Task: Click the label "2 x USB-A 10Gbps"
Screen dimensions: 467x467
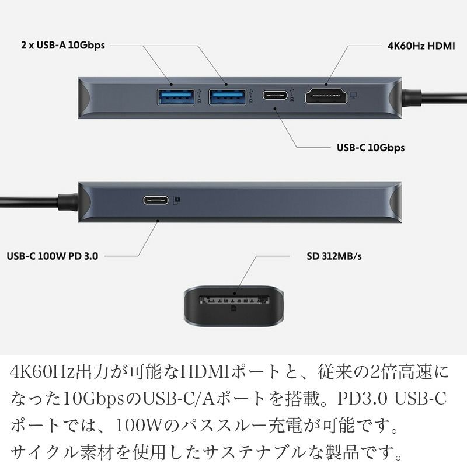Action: [x=62, y=45]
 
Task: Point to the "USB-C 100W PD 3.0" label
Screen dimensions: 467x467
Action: [x=52, y=255]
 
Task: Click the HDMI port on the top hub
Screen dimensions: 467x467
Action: [x=325, y=96]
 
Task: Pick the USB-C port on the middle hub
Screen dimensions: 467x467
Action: [x=156, y=200]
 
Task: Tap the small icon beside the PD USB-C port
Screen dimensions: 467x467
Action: [x=177, y=200]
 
